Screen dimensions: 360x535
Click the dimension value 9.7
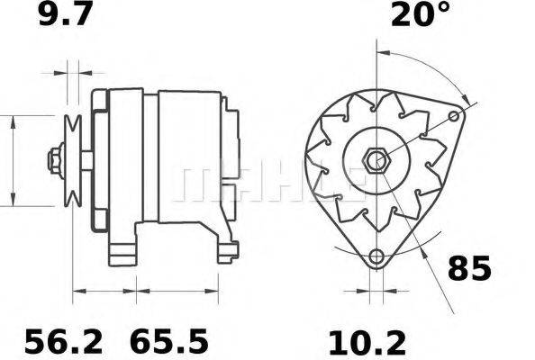65,15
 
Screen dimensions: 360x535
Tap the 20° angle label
420,15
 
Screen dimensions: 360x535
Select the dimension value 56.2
63,342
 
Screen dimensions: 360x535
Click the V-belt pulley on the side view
73,160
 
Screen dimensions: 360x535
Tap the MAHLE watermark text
270,180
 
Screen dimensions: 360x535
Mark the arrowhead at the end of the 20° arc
465,97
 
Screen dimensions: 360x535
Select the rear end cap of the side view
230,153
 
